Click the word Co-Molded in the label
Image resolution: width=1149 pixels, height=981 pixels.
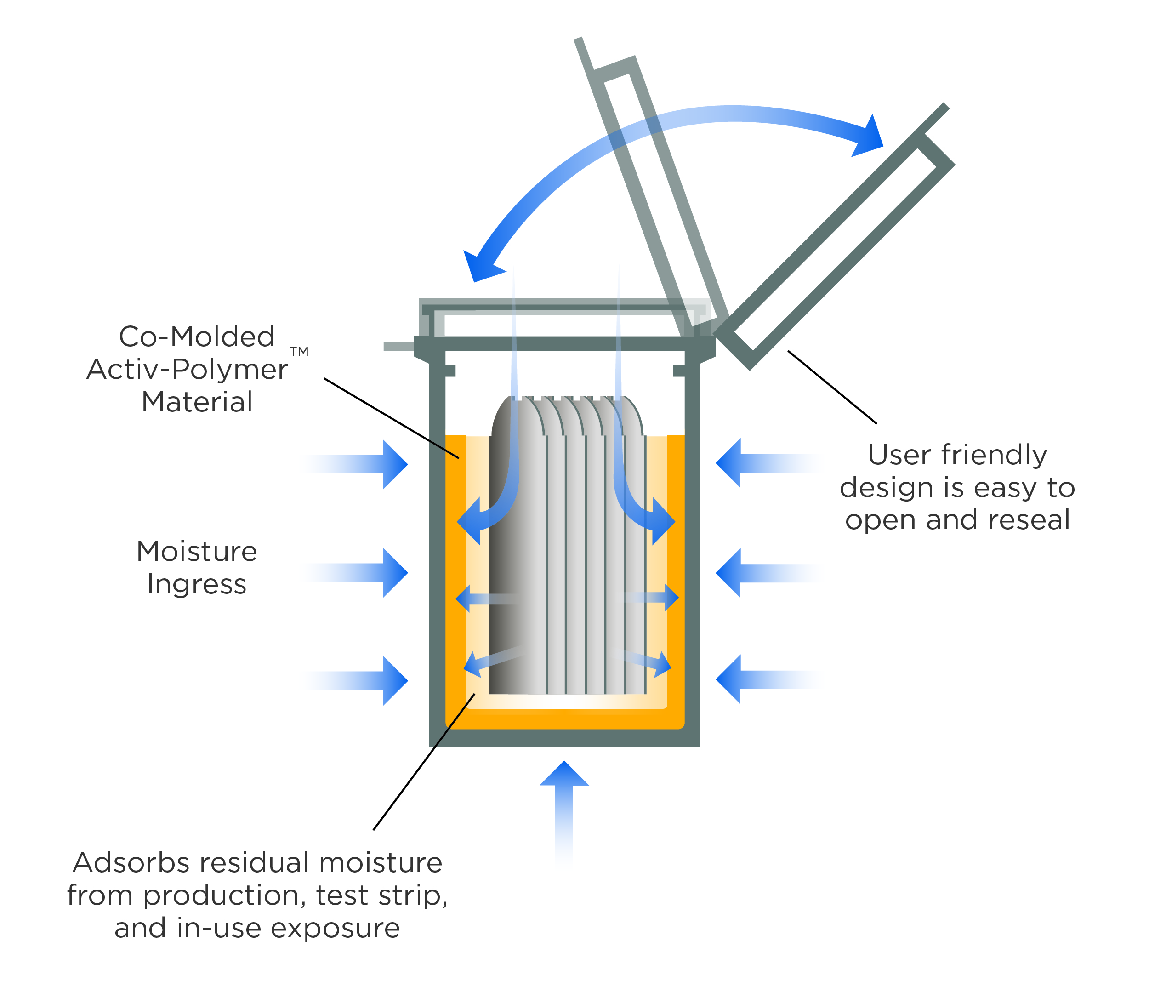(197, 337)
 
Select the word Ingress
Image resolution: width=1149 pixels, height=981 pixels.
(197, 584)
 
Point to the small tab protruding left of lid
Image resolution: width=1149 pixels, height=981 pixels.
(398, 347)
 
